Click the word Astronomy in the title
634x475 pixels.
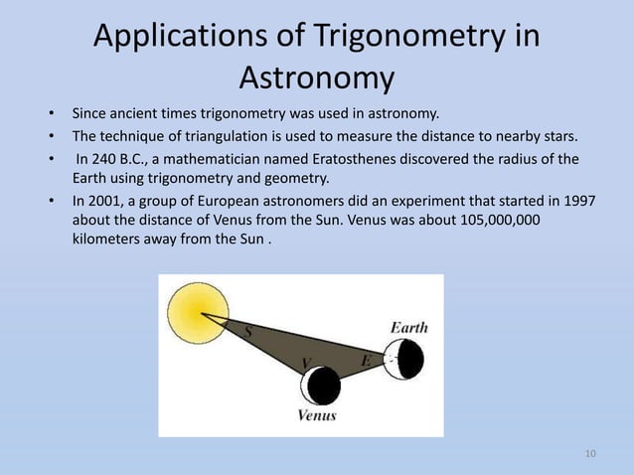(317, 77)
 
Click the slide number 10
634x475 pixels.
(590, 454)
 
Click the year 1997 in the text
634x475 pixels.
(578, 201)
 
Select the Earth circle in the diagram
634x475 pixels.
(405, 358)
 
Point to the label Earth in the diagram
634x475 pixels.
(409, 327)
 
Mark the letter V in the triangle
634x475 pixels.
(305, 361)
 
